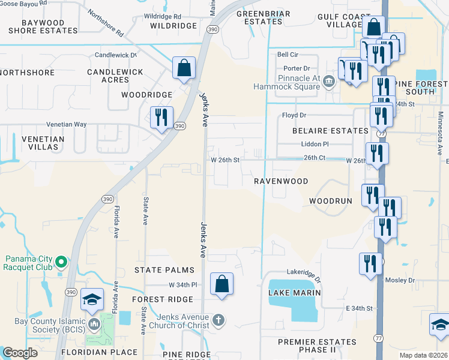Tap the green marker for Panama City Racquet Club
pos(61,262)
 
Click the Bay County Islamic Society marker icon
pos(93,325)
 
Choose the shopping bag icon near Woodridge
pos(184,68)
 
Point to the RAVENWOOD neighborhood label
pos(281,181)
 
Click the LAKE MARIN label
pos(295,293)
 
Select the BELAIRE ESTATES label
pos(330,131)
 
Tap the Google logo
pos(20,353)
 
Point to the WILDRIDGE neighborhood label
pos(173,26)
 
